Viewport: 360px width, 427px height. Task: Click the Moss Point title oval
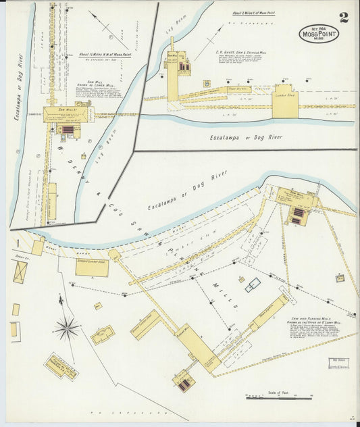[x=319, y=33]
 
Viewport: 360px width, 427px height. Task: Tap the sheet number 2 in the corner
[x=344, y=17]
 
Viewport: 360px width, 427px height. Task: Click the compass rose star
[x=66, y=329]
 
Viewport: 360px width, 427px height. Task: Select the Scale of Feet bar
[x=278, y=398]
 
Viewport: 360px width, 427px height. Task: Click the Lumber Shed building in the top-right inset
[x=285, y=101]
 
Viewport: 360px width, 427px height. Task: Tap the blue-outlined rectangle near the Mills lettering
[x=253, y=285]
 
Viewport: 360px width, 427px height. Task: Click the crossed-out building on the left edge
[x=20, y=272]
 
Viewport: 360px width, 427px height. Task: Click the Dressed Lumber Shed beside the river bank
[x=92, y=268]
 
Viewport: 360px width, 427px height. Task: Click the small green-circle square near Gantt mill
[x=206, y=83]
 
